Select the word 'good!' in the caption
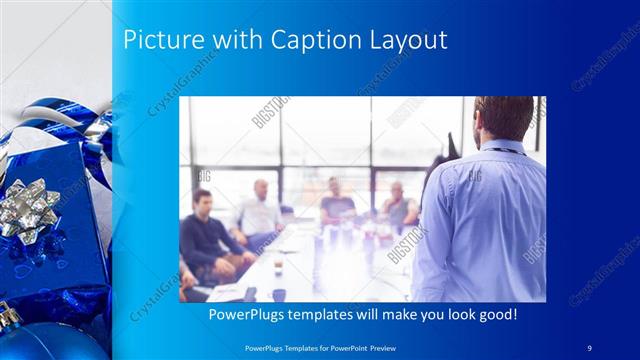(495, 314)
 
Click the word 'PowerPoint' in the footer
(357, 346)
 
